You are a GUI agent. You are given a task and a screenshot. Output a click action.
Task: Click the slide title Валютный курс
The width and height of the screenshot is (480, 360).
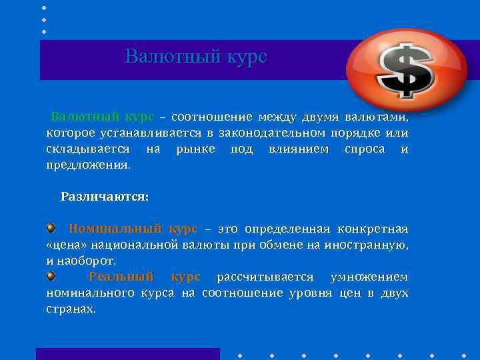196,56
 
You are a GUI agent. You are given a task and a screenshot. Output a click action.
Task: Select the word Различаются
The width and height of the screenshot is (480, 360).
105,197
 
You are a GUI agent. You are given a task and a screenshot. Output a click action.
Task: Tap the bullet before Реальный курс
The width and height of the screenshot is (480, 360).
51,276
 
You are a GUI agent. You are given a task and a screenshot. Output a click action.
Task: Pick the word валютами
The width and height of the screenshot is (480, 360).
377,117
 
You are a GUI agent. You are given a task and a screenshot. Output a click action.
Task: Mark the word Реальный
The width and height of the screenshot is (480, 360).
121,277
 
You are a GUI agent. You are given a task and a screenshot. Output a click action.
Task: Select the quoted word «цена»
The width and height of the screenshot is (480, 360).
65,245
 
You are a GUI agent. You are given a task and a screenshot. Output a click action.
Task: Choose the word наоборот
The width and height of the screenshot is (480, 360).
87,260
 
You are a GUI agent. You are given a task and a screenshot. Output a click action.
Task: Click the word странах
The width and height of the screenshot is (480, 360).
71,309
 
